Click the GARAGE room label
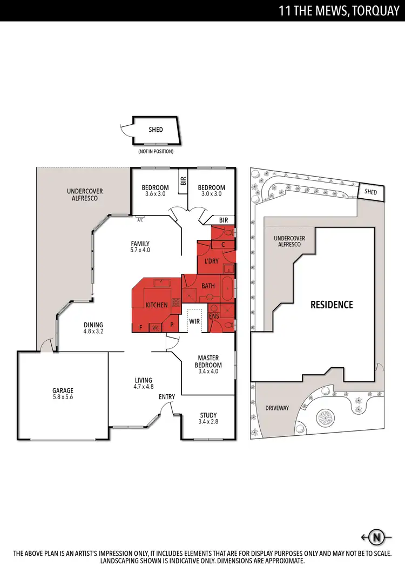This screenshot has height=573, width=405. point(63,390)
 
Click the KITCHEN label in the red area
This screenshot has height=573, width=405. point(157,305)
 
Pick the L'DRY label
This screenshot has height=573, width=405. point(211,261)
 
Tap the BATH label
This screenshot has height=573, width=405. point(208,285)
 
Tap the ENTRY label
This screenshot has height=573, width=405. point(167,397)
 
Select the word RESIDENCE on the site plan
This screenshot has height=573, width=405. point(332,305)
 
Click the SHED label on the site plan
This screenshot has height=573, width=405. point(370,192)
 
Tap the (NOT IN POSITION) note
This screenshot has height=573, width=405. point(156,152)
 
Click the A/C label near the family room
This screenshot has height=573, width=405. point(140,220)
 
